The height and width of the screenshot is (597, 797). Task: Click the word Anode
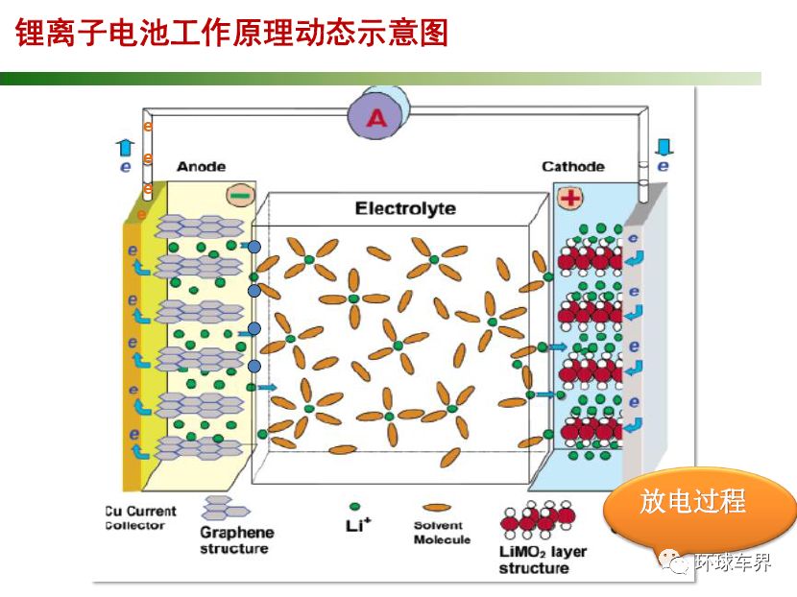coord(202,167)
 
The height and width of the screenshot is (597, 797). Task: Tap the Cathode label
coord(573,167)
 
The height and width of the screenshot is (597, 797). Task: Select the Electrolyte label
coord(405,208)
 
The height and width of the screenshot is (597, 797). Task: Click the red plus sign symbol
coord(570,198)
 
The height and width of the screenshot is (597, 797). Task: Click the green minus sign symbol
coord(239,196)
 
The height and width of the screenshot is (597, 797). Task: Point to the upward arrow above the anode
coord(125,148)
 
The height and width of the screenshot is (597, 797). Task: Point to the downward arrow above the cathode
coord(664,147)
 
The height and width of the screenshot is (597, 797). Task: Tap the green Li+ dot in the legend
coord(354,507)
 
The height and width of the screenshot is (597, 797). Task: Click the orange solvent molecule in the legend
coord(437,507)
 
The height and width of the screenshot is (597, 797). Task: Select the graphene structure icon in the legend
coord(224,508)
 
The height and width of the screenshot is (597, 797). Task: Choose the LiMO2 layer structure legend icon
coord(538,519)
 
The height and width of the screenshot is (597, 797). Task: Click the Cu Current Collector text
coord(140,517)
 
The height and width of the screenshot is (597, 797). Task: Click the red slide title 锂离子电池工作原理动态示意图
coord(231,33)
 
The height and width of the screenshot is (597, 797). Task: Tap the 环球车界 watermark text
coord(734,562)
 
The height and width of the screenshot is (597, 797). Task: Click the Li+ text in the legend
coord(358,525)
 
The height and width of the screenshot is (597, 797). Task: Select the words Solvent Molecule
coord(442,532)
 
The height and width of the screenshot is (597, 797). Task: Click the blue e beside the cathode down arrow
coord(663,166)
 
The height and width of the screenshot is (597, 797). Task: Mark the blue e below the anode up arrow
coord(125,167)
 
